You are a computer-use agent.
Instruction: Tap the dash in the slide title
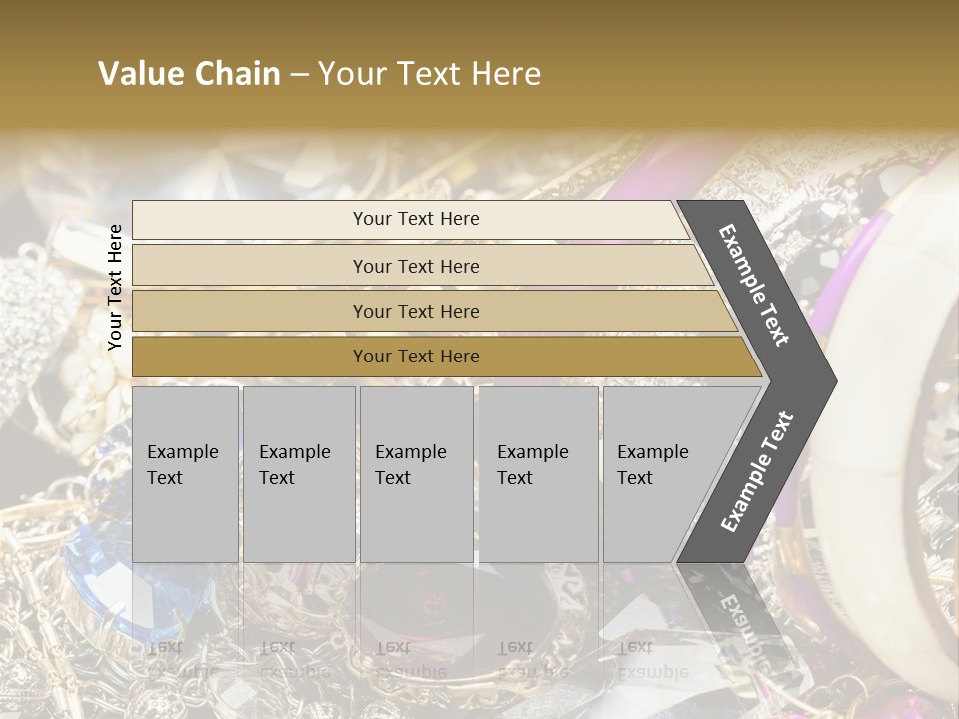[x=299, y=75]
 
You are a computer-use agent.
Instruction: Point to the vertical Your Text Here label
[x=115, y=287]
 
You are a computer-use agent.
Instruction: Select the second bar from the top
[x=416, y=266]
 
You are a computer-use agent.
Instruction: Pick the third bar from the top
[x=416, y=311]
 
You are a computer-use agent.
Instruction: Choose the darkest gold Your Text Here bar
[x=416, y=357]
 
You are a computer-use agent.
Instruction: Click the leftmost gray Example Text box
[x=185, y=474]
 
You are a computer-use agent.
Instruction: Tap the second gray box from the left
[x=298, y=474]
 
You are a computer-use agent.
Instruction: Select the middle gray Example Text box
[x=416, y=474]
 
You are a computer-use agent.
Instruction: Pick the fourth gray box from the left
[x=537, y=474]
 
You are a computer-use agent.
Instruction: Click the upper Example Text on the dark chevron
[x=754, y=285]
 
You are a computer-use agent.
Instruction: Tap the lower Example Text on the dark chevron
[x=756, y=471]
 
